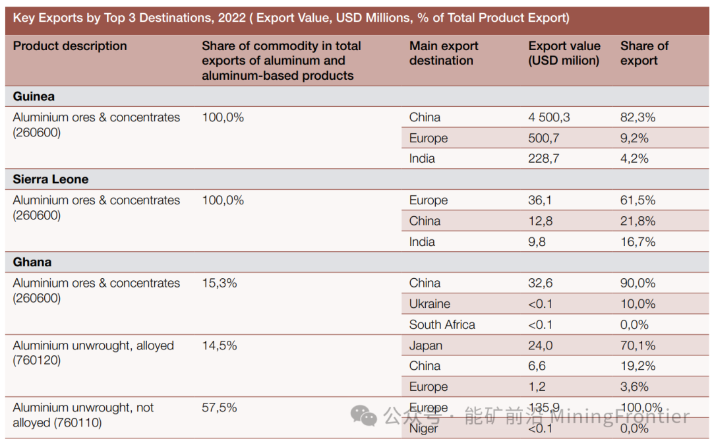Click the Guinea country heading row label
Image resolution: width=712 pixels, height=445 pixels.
pyautogui.click(x=34, y=96)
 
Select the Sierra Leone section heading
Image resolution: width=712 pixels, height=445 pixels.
pyautogui.click(x=50, y=179)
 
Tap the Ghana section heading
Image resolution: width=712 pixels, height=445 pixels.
pyautogui.click(x=32, y=262)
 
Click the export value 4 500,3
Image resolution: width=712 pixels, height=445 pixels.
pyautogui.click(x=549, y=117)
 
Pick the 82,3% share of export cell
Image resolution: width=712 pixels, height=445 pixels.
pyautogui.click(x=638, y=117)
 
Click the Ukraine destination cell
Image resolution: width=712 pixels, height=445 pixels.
pyautogui.click(x=429, y=304)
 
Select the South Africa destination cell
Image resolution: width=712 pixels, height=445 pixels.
pyautogui.click(x=442, y=324)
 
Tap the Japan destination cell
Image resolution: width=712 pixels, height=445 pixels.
pyautogui.click(x=425, y=345)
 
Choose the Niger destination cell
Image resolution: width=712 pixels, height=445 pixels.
pyautogui.click(x=423, y=429)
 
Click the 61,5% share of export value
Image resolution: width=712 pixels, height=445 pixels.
pyautogui.click(x=638, y=200)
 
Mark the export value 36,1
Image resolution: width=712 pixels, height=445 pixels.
pyautogui.click(x=540, y=200)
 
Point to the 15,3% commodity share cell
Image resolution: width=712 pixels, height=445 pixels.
pyautogui.click(x=219, y=283)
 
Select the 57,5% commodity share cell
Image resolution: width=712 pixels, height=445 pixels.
pyautogui.click(x=219, y=407)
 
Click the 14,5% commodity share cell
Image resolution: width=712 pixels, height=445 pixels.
pyautogui.click(x=219, y=345)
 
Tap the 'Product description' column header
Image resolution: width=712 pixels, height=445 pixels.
pyautogui.click(x=70, y=46)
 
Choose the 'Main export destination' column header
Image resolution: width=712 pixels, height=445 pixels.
pyautogui.click(x=443, y=53)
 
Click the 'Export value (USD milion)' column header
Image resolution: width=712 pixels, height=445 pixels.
pyautogui.click(x=564, y=53)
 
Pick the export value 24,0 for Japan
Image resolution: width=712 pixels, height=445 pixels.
pyautogui.click(x=541, y=345)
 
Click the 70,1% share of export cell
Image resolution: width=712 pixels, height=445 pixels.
pyautogui.click(x=638, y=345)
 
